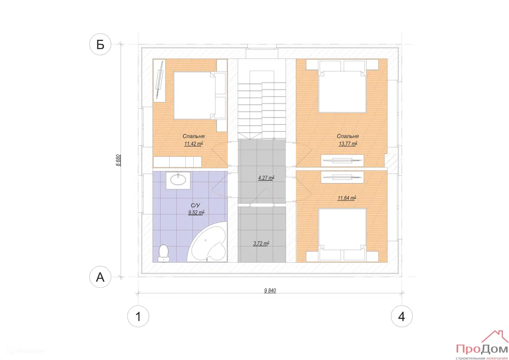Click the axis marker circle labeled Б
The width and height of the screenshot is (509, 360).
tap(100, 44)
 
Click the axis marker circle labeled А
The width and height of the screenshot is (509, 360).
tap(100, 277)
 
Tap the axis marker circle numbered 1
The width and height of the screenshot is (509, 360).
tap(138, 316)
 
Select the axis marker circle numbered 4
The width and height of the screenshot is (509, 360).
tap(402, 316)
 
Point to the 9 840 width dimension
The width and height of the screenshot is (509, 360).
tap(270, 290)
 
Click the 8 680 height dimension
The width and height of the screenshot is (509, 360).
tap(118, 160)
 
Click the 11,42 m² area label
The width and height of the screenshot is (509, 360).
tap(193, 144)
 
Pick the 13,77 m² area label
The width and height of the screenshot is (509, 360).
tap(348, 144)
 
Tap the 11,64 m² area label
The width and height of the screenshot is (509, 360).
tap(347, 198)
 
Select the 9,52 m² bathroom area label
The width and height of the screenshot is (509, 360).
tap(196, 213)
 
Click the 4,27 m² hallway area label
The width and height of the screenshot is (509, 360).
tap(266, 178)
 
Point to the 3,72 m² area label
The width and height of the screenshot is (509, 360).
tap(261, 243)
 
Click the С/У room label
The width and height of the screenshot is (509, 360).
tap(195, 205)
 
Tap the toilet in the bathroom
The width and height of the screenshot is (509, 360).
tap(164, 253)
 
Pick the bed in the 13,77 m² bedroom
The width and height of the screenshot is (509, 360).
tap(342, 86)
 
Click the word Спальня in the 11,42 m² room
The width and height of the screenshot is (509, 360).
tap(193, 136)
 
